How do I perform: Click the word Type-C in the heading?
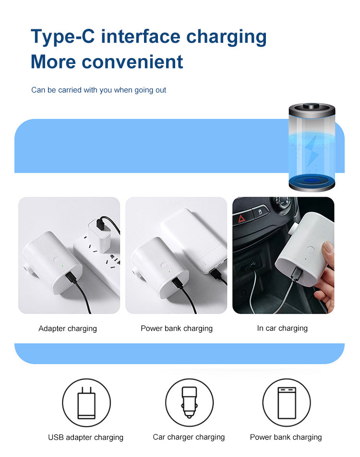pyautogui.click(x=63, y=36)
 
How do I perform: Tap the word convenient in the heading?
pyautogui.click(x=132, y=62)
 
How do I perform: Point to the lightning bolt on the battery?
pyautogui.click(x=312, y=150)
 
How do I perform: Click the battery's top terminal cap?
pyautogui.click(x=312, y=106)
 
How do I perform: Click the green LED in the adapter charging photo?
pyautogui.click(x=62, y=265)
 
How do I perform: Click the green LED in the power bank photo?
pyautogui.click(x=169, y=272)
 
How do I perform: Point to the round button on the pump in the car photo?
pyautogui.click(x=311, y=250)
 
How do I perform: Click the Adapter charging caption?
pyautogui.click(x=68, y=329)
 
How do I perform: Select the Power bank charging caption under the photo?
pyautogui.click(x=177, y=328)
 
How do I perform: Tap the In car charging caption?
pyautogui.click(x=282, y=328)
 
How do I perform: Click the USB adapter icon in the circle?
pyautogui.click(x=86, y=403)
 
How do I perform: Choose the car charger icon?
pyautogui.click(x=189, y=402)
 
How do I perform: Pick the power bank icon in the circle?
pyautogui.click(x=287, y=403)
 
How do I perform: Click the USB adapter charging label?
pyautogui.click(x=86, y=437)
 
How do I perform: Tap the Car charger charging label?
pyautogui.click(x=189, y=437)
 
